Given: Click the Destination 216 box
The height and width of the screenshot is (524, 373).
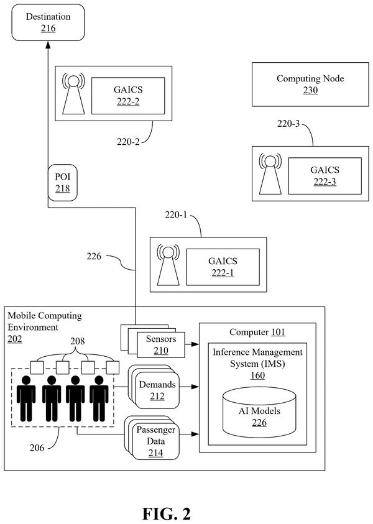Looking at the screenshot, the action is (x=48, y=22).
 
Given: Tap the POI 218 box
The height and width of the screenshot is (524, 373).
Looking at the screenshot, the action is (x=63, y=183).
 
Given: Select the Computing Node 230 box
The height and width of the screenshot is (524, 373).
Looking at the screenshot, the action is (x=310, y=84).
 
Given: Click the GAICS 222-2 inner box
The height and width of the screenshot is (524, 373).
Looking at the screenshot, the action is (x=128, y=96).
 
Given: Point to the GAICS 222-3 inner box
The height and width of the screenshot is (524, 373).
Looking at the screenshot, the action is (x=325, y=176).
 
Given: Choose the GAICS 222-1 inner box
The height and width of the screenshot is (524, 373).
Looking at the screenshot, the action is (x=223, y=267).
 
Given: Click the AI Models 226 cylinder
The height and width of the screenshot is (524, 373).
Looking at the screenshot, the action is (x=259, y=412).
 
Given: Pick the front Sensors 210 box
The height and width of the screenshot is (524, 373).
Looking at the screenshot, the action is (x=161, y=345).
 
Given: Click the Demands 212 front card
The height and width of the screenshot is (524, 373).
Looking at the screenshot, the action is (x=157, y=390).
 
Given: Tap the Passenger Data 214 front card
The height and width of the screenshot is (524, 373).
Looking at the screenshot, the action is (x=156, y=441).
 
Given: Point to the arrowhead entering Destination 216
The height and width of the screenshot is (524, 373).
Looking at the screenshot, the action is (x=48, y=45).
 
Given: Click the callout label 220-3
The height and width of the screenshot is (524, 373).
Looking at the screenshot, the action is (x=288, y=124).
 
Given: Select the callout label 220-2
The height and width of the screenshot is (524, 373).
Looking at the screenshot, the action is (x=128, y=142).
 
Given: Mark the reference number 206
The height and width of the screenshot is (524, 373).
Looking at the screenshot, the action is (x=37, y=448).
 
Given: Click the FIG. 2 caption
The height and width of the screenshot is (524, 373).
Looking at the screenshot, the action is (x=167, y=513).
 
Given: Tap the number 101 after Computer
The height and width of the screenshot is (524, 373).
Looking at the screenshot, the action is (x=278, y=332).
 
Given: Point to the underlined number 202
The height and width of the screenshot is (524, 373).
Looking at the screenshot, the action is (x=15, y=339).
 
